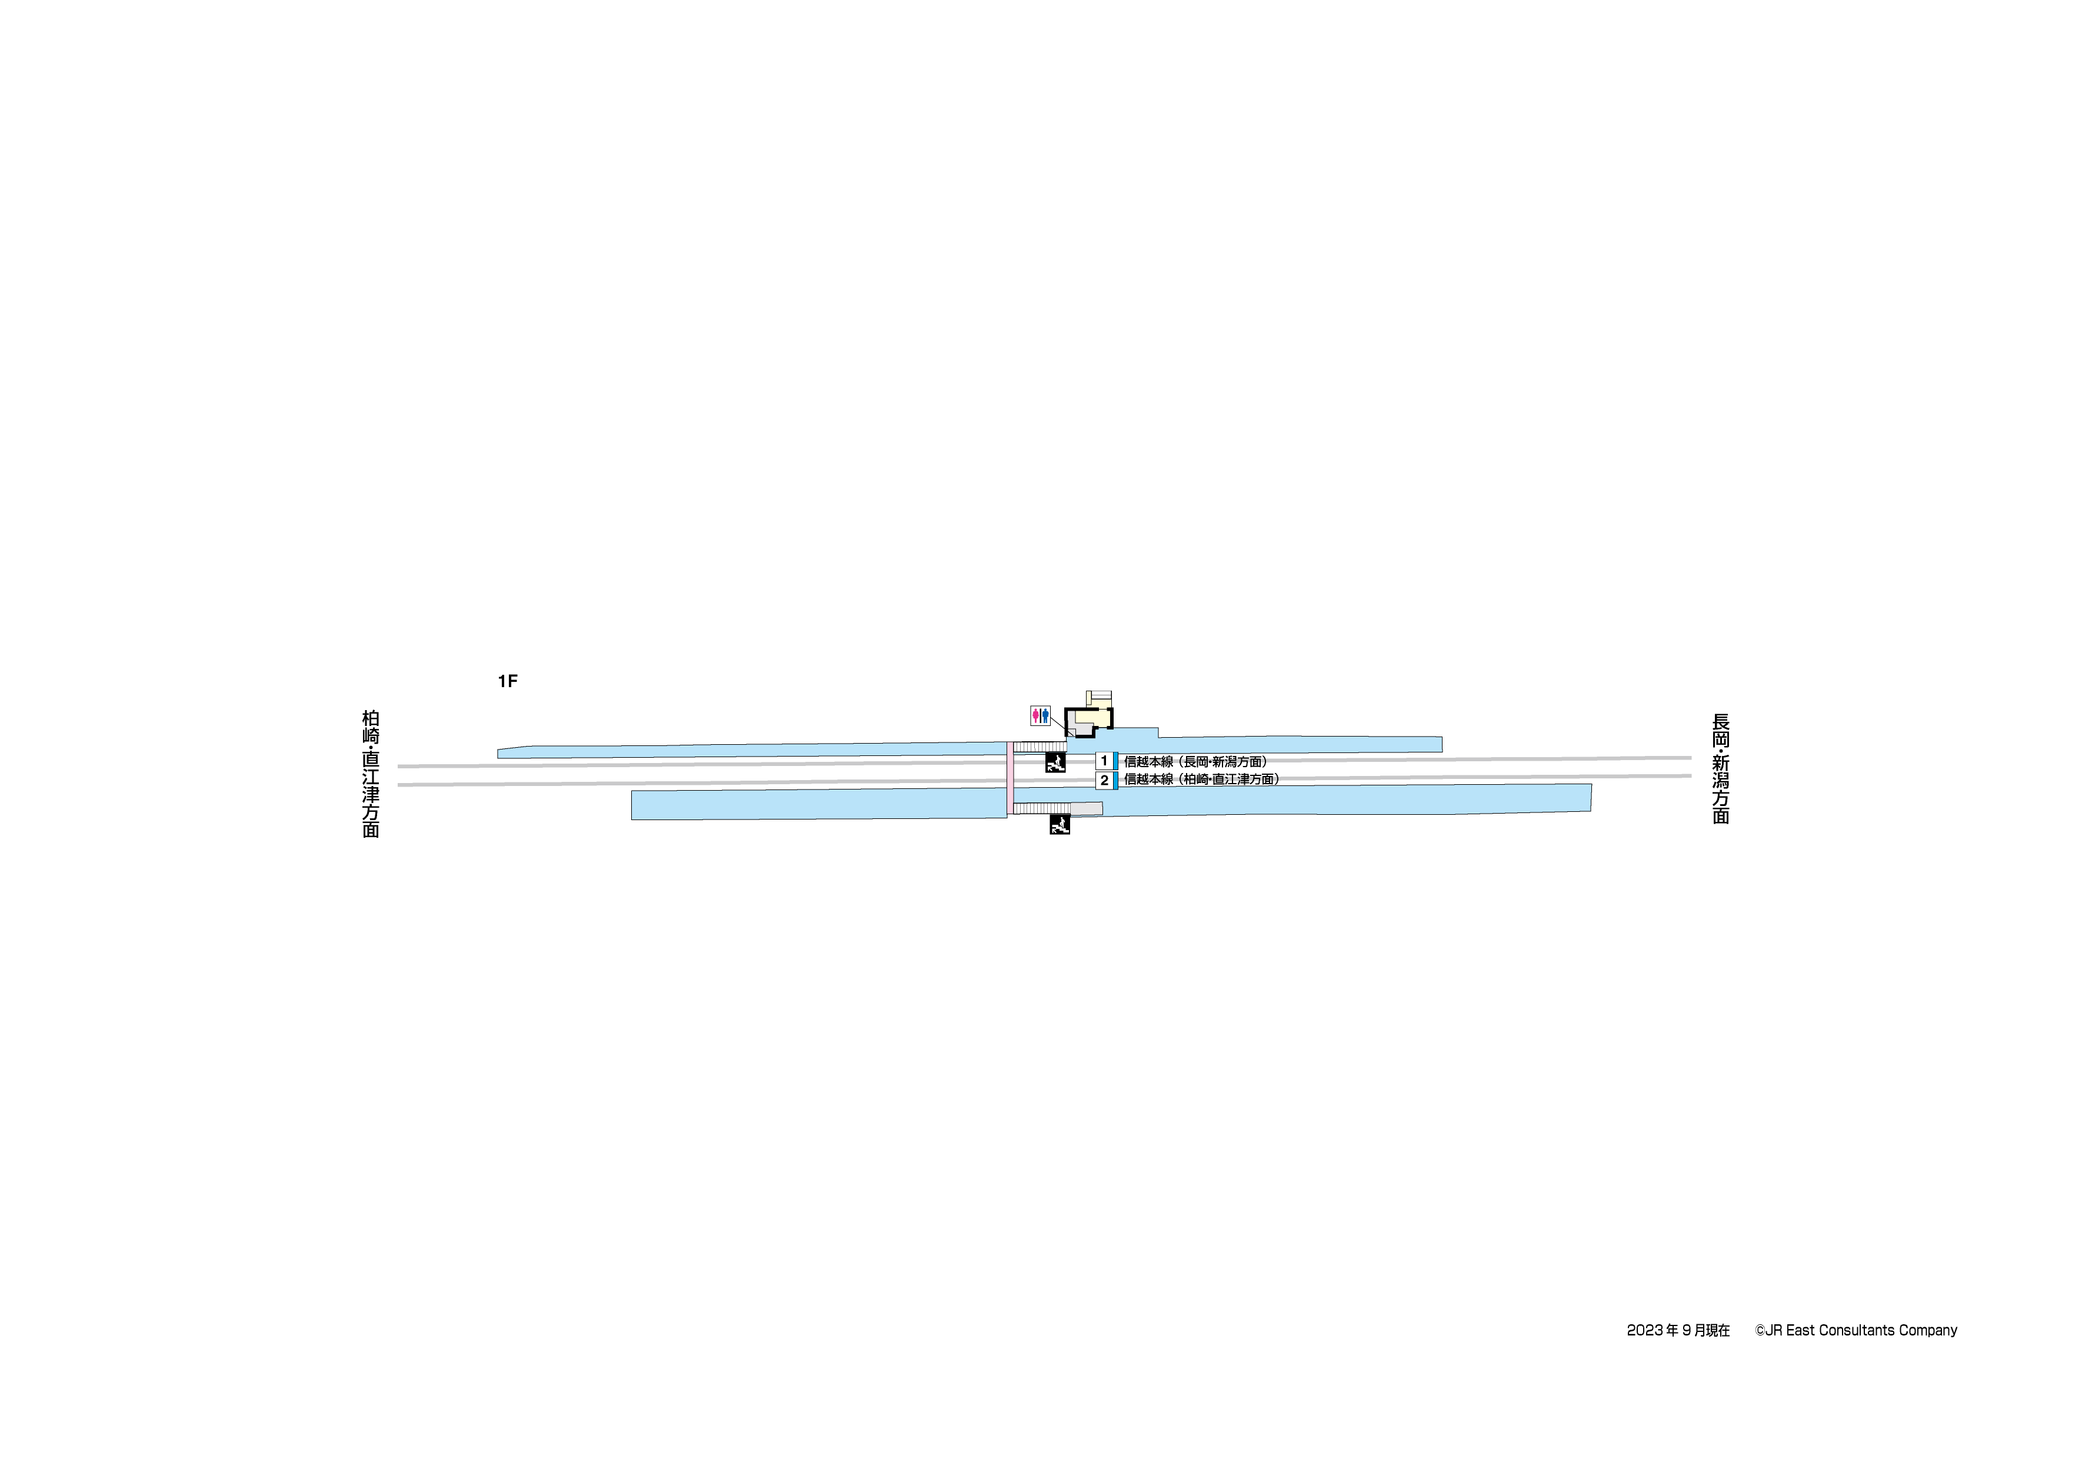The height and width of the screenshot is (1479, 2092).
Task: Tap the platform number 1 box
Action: tap(1104, 761)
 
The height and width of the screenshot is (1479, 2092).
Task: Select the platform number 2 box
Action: tap(1104, 781)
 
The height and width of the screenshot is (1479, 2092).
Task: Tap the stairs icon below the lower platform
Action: tap(1060, 825)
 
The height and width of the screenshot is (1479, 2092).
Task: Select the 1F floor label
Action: tap(508, 681)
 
